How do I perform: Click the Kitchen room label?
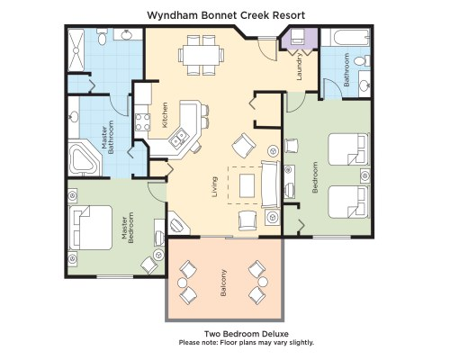(x=165, y=115)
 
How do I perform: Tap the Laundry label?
(x=299, y=67)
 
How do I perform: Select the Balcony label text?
(x=223, y=283)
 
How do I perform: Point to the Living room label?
(x=214, y=186)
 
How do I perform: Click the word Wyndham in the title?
(x=172, y=15)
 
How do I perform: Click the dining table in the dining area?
(x=201, y=55)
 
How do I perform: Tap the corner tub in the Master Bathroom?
(x=84, y=160)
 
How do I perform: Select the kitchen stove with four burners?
(x=142, y=122)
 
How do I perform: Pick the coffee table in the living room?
(x=247, y=185)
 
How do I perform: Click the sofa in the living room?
(x=271, y=184)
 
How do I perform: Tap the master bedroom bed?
(x=90, y=228)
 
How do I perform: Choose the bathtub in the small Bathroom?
(x=349, y=38)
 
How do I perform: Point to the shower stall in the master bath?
(x=76, y=50)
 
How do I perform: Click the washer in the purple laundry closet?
(x=299, y=37)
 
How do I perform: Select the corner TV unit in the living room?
(x=177, y=223)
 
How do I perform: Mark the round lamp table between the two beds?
(x=365, y=175)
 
